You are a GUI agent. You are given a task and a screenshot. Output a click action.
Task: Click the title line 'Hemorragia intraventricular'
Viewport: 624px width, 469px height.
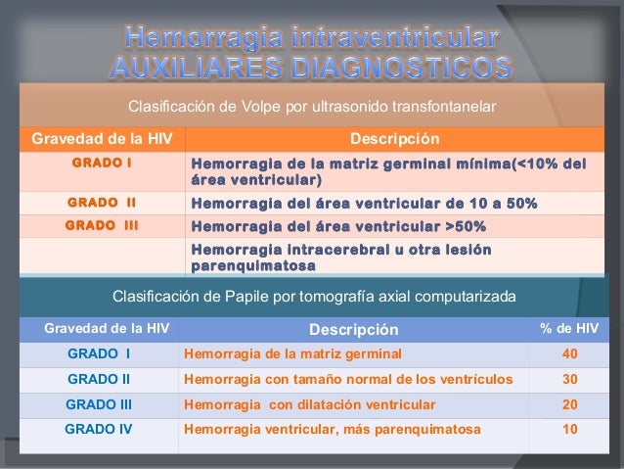[x=312, y=39]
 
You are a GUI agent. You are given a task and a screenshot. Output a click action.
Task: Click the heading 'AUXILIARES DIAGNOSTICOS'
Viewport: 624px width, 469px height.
[x=312, y=69]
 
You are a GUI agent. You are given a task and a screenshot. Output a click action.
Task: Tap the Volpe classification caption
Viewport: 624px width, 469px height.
[x=313, y=105]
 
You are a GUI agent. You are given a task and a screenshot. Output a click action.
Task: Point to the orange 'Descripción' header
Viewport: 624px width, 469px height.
[x=394, y=138]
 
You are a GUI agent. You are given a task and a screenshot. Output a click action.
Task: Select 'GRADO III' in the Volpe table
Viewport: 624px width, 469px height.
[x=102, y=225]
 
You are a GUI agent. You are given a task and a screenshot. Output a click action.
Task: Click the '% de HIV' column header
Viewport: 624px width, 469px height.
[x=569, y=328]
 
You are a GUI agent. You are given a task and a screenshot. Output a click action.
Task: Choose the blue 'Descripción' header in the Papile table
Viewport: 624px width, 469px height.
[x=354, y=329]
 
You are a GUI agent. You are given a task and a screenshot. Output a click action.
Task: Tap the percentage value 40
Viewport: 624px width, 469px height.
[x=569, y=353]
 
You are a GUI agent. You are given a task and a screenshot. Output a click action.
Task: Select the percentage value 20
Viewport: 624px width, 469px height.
[x=569, y=403]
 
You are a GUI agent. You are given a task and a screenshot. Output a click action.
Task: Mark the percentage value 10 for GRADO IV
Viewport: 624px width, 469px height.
[x=569, y=429]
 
